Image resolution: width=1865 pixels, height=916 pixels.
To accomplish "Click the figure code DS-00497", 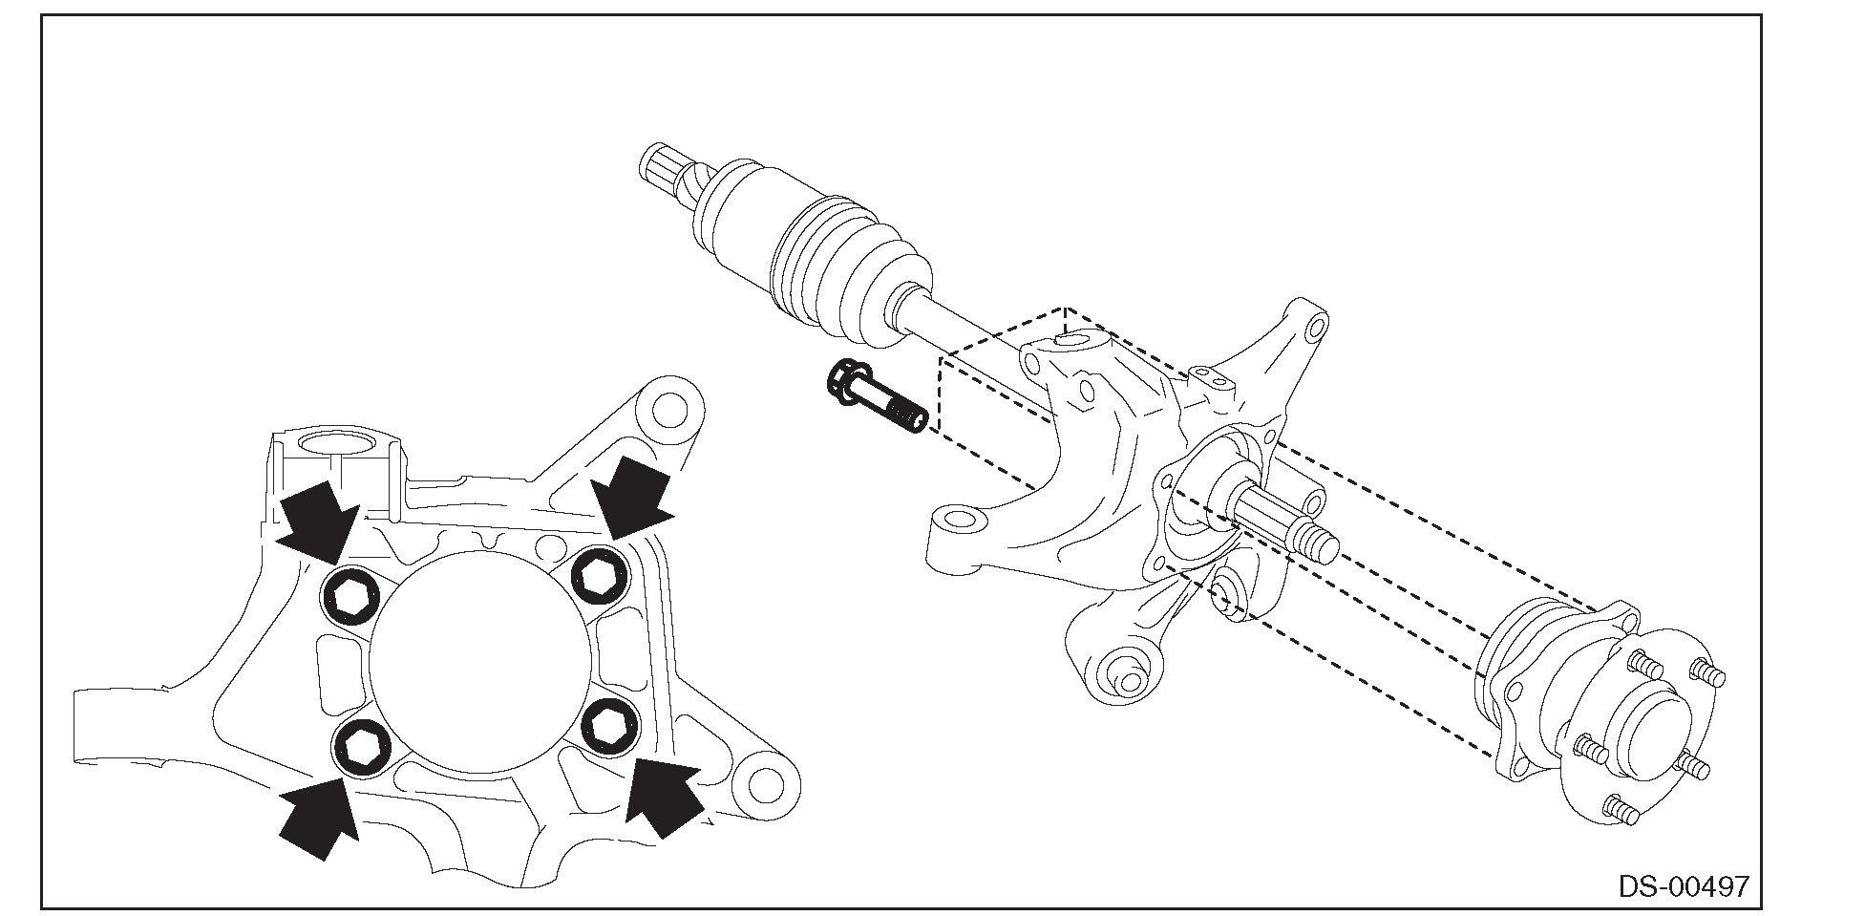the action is pos(1684,885).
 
